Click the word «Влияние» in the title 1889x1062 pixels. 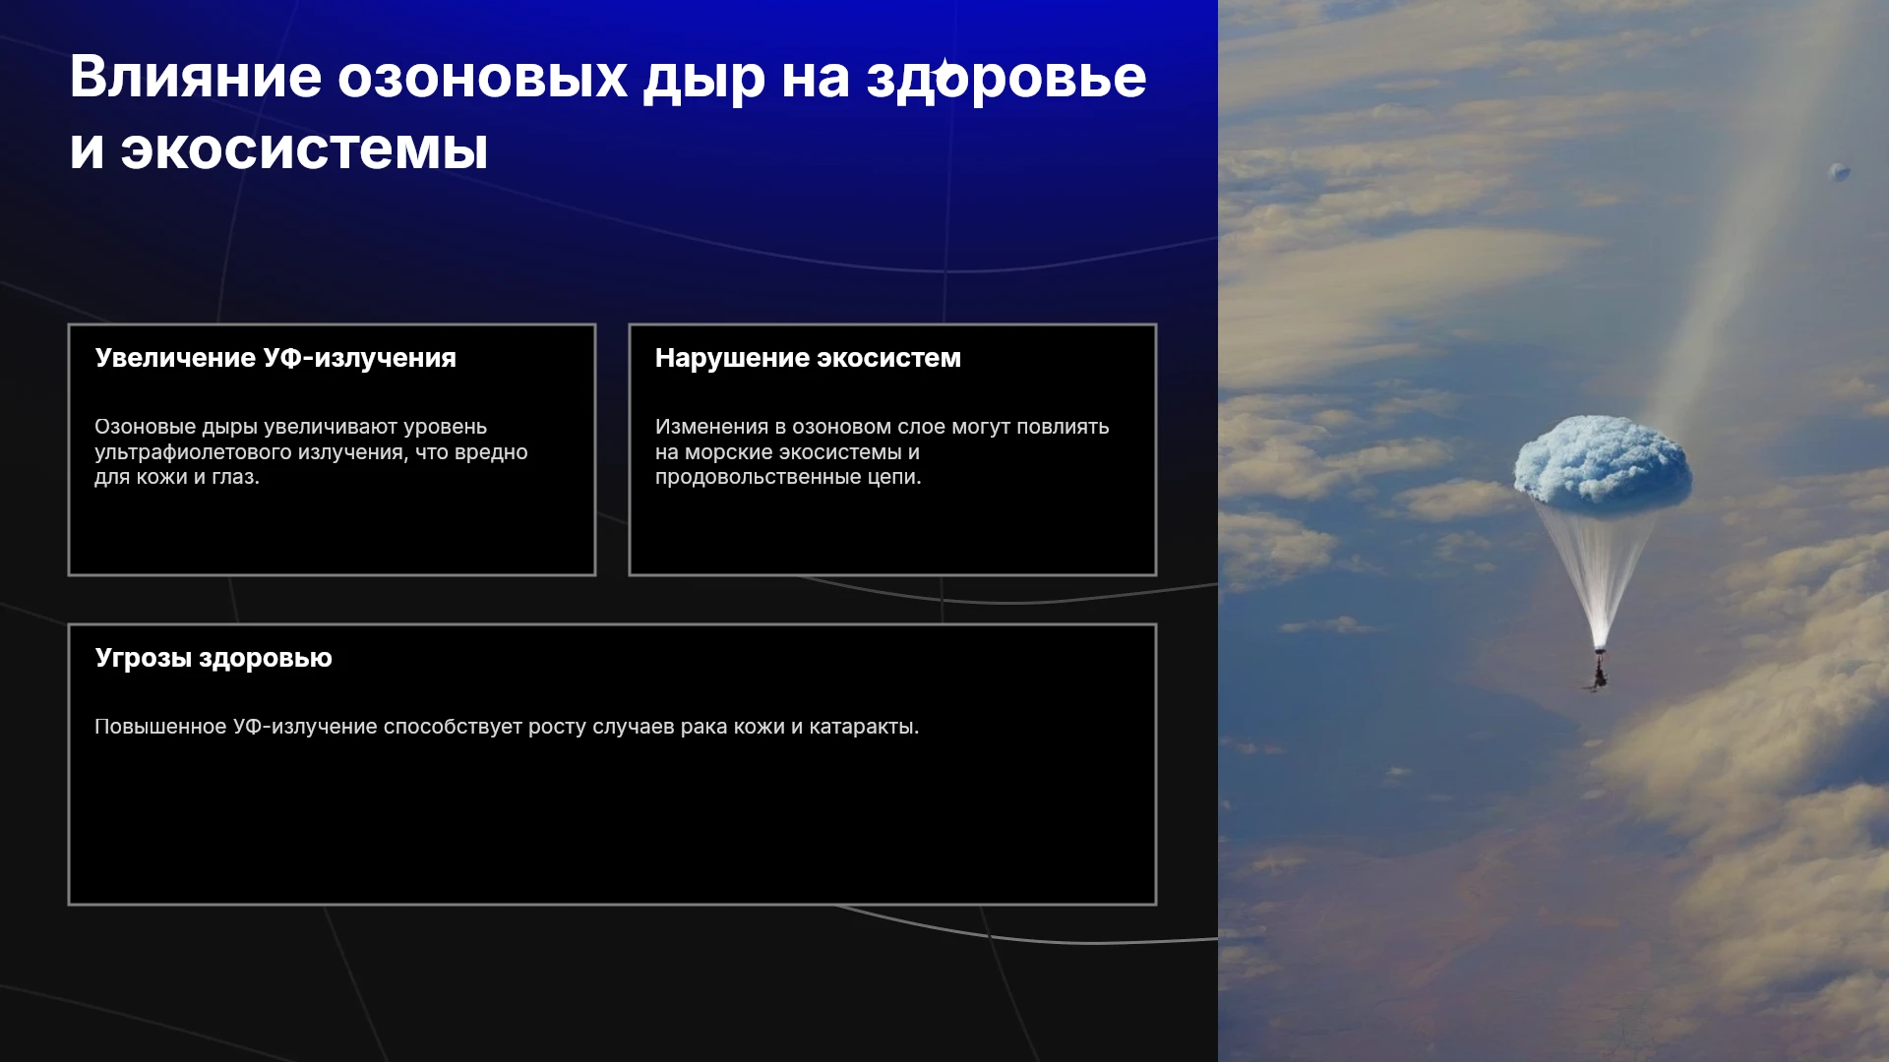tap(196, 77)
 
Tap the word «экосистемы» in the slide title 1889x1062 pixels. tap(304, 150)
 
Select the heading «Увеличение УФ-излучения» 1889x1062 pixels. tap(275, 358)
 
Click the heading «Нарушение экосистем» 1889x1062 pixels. tap(808, 358)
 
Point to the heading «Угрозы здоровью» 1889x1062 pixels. tap(213, 658)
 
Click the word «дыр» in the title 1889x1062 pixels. tap(704, 79)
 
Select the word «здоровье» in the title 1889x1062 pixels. tap(1006, 78)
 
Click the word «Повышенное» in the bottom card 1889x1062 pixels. tap(160, 727)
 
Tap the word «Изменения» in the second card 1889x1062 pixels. tap(711, 428)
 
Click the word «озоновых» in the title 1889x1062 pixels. tap(482, 78)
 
